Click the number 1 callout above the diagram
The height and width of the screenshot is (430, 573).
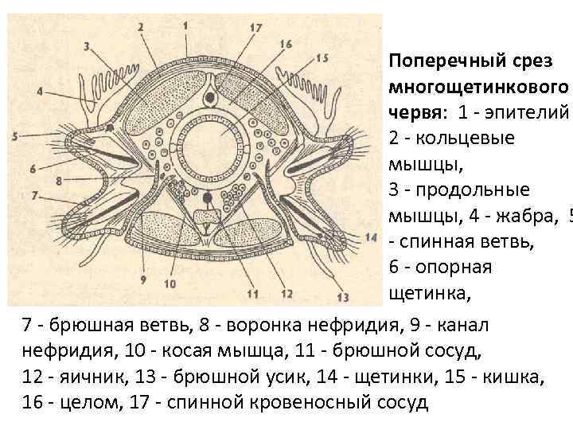pos(185,25)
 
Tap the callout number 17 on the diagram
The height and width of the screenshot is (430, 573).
pos(255,29)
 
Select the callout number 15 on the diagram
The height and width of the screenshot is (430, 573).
pos(322,57)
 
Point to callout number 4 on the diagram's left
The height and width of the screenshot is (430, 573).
pos(40,90)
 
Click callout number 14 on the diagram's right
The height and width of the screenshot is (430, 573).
pos(370,237)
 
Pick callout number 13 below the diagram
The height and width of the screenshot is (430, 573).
pos(343,297)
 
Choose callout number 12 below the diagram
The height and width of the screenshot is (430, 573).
pos(287,294)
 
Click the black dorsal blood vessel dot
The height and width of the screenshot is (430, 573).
pos(209,97)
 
